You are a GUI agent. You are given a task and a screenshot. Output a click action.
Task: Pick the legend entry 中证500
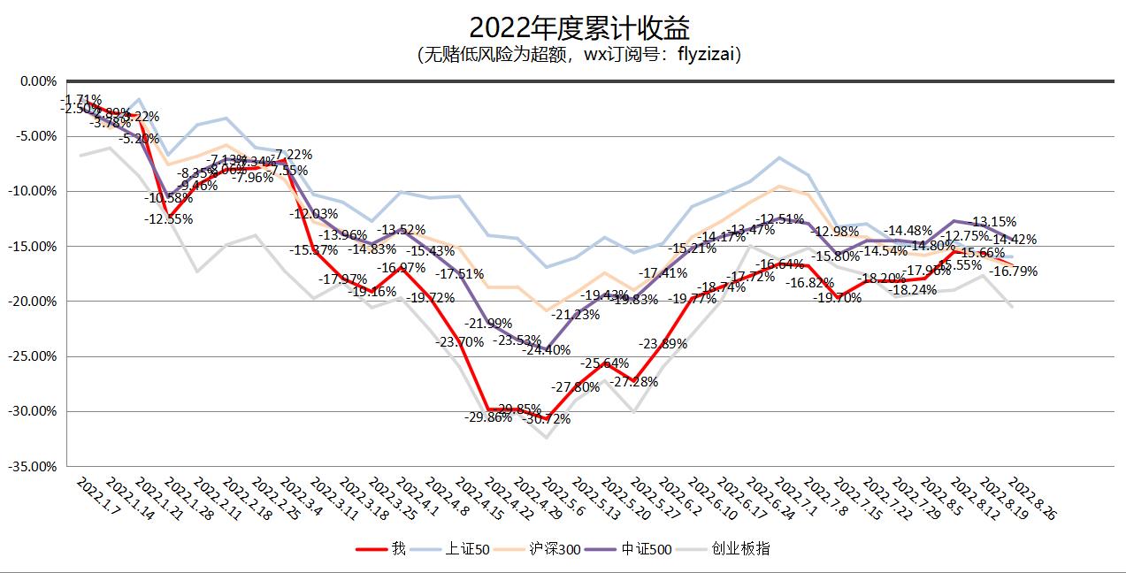pyautogui.click(x=648, y=549)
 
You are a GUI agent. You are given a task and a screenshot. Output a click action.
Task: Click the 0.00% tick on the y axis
pyautogui.click(x=37, y=80)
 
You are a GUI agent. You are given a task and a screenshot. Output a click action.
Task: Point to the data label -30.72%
pyautogui.click(x=547, y=419)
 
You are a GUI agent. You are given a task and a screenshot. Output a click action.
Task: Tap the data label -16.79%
pyautogui.click(x=1038, y=271)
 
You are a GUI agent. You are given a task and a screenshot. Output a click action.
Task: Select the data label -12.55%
pyautogui.click(x=168, y=219)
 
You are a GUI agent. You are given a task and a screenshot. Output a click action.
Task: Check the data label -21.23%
pyautogui.click(x=576, y=315)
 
